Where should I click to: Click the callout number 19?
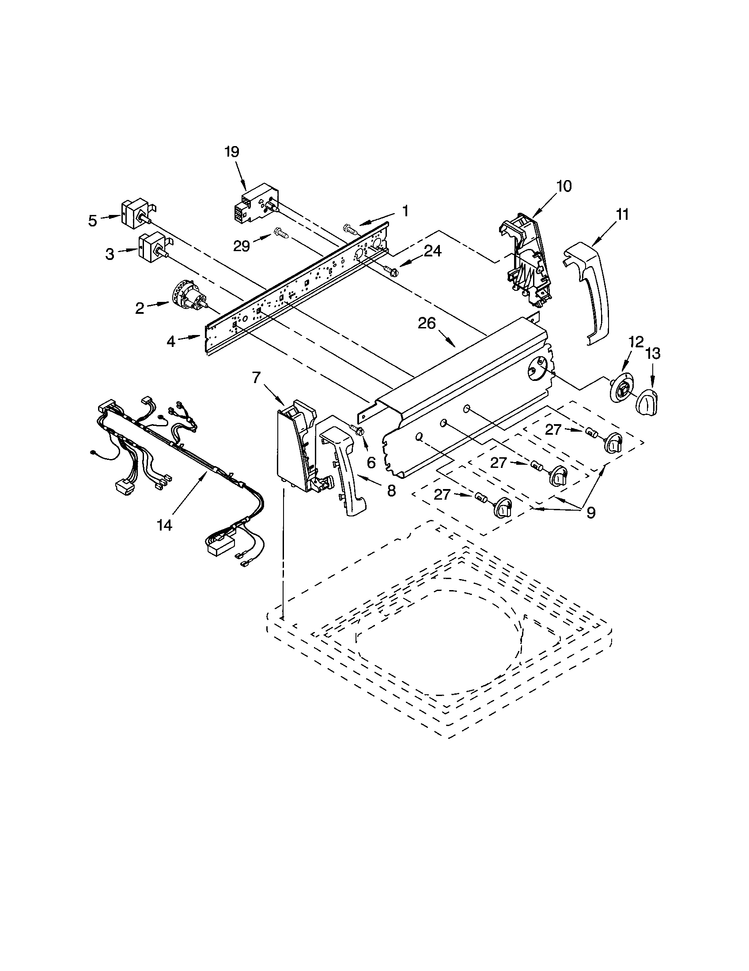pyautogui.click(x=231, y=152)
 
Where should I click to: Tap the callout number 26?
pyautogui.click(x=426, y=323)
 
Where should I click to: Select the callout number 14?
pyautogui.click(x=164, y=525)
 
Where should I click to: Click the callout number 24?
pyautogui.click(x=432, y=251)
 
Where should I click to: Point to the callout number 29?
pyautogui.click(x=242, y=246)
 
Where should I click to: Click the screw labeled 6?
pyautogui.click(x=357, y=429)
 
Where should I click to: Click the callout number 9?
pyautogui.click(x=590, y=512)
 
